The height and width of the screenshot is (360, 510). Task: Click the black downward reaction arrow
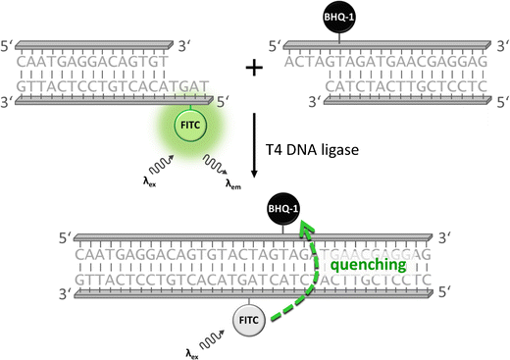[254, 147]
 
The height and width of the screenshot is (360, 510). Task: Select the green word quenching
[369, 265]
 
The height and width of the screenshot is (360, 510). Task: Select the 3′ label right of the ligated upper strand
[447, 238]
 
